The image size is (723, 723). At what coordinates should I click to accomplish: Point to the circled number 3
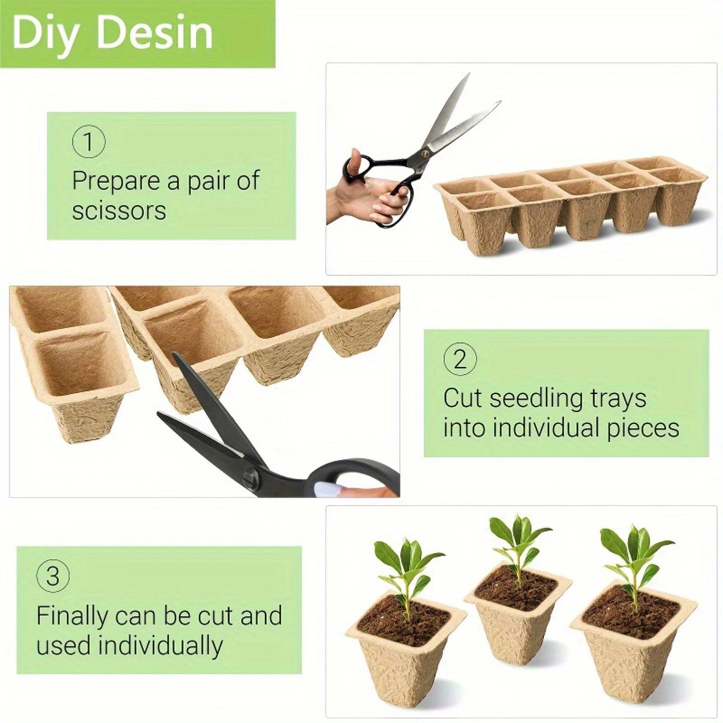53,576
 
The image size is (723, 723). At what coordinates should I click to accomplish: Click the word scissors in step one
119,210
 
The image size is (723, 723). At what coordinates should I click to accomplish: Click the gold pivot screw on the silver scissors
426,148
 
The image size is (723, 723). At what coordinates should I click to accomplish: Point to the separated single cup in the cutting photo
75,380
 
